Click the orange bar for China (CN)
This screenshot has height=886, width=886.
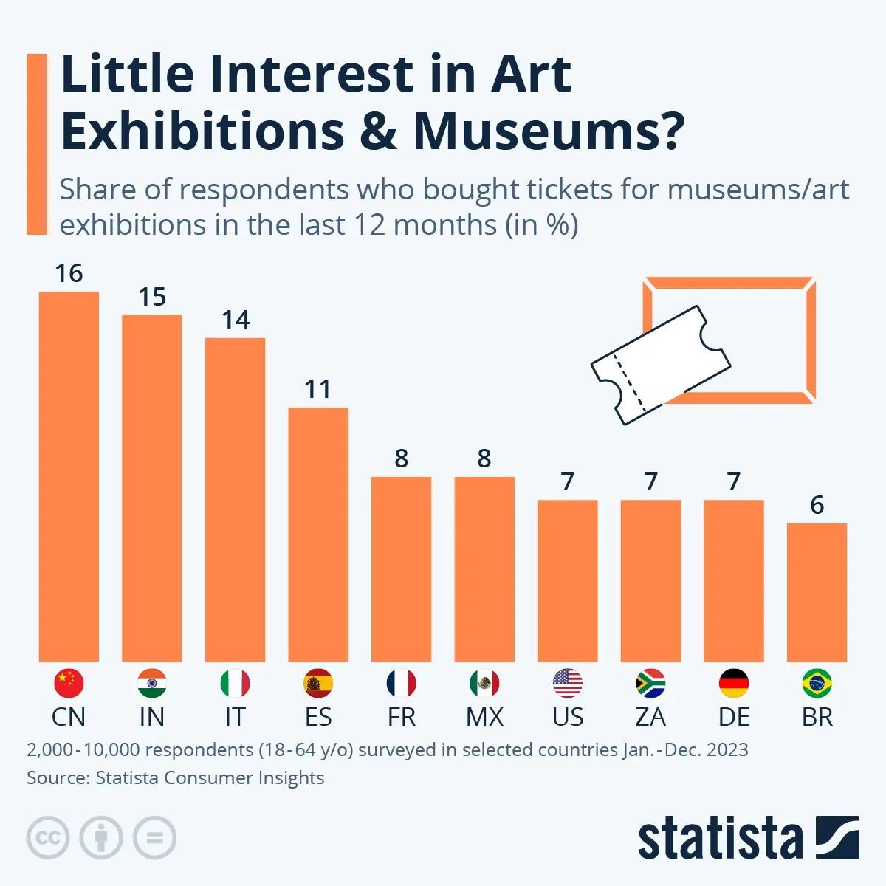point(69,476)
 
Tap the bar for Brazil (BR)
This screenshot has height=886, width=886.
point(817,592)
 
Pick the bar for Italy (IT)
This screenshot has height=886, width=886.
point(235,499)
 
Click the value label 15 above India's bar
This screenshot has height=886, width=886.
point(152,297)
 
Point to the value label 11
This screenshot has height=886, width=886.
point(318,389)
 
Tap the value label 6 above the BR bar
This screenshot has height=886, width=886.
point(817,505)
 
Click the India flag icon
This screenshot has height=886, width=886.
point(152,684)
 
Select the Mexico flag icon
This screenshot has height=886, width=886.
point(484,684)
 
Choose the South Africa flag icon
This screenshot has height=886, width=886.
point(650,684)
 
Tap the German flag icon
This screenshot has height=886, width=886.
point(734,684)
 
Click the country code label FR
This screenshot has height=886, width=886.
point(402,717)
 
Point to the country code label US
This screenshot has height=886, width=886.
point(568,717)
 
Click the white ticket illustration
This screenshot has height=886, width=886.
point(660,365)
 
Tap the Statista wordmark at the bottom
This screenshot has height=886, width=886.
point(720,839)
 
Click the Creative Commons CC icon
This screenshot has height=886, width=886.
point(48,838)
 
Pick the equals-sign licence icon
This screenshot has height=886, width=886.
point(154,838)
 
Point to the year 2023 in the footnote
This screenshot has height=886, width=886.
point(727,750)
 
